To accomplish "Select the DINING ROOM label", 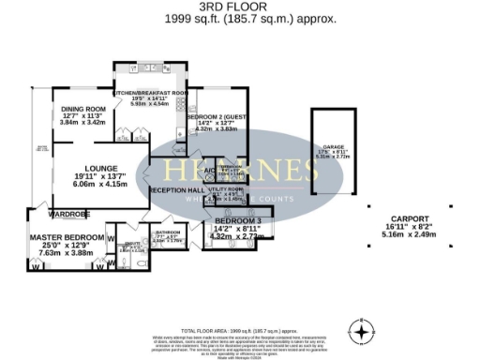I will coord(78,108).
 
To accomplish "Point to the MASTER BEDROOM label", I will coord(65,241).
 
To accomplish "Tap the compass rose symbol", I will coord(362,331).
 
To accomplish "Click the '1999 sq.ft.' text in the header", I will coord(207,18).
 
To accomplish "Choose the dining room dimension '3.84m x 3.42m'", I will coord(81,123).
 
